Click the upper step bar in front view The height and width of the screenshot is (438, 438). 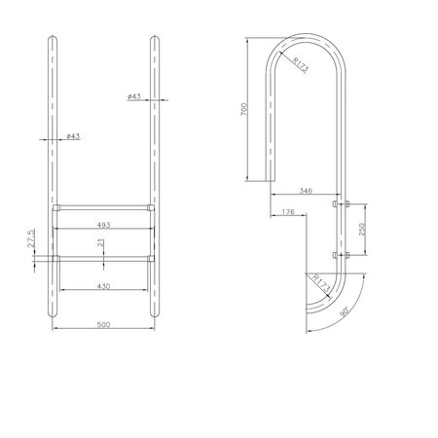(102, 208)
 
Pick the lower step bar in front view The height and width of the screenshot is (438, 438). (102, 258)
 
